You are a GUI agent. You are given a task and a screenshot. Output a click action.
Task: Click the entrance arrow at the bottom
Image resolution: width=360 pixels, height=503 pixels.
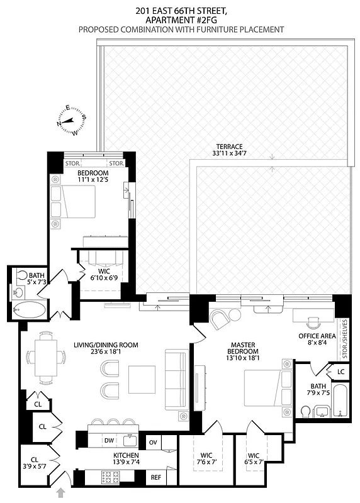pyautogui.click(x=61, y=492)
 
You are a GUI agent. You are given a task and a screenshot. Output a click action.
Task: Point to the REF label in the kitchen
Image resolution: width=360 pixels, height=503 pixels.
pyautogui.click(x=155, y=478)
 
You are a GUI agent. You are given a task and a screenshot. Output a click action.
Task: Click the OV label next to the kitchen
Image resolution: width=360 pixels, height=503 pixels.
pyautogui.click(x=153, y=442)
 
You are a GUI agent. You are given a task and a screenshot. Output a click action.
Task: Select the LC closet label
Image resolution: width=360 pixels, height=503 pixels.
pyautogui.click(x=340, y=372)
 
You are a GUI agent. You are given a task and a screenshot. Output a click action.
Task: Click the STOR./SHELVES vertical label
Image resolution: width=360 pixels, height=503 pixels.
pyautogui.click(x=344, y=337)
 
